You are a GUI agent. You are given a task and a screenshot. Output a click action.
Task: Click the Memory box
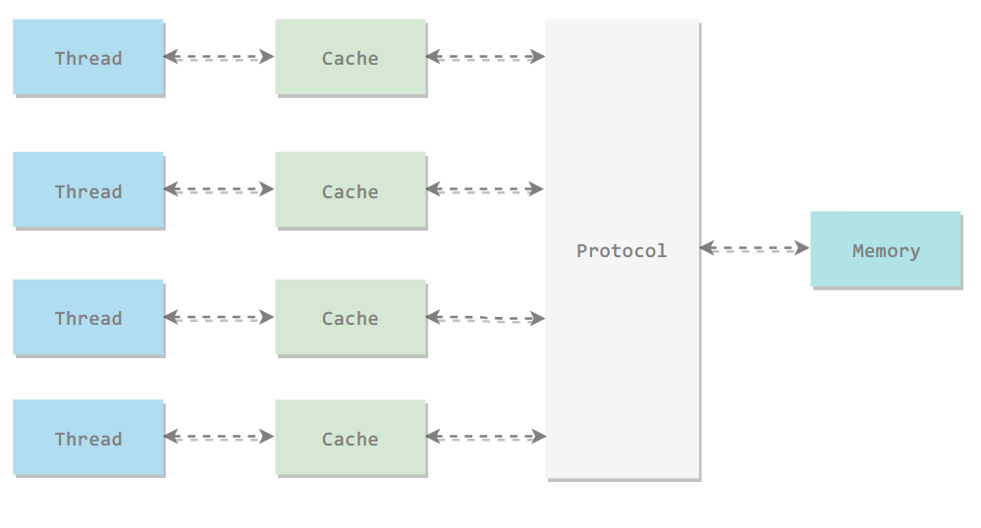click(886, 249)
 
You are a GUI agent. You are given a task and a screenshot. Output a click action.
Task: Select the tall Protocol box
click(623, 249)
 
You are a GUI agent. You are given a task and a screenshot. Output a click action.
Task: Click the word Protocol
click(622, 251)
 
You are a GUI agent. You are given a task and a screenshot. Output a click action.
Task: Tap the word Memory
click(886, 251)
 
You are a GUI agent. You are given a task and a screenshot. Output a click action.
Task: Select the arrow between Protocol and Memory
click(754, 248)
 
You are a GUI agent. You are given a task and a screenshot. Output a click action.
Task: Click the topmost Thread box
click(88, 58)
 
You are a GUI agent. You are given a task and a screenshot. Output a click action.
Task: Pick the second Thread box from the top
click(88, 190)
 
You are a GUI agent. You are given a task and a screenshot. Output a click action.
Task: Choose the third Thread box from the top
click(88, 318)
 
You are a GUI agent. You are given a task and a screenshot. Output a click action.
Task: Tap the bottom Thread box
click(88, 438)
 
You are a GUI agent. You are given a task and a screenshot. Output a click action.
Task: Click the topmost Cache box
click(351, 58)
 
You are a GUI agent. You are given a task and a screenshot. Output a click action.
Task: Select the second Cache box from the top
click(351, 190)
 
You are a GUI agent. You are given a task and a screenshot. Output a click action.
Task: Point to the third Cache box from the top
click(351, 318)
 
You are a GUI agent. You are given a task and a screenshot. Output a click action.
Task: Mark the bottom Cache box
click(351, 438)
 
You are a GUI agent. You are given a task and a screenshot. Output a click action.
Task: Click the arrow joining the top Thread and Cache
click(219, 57)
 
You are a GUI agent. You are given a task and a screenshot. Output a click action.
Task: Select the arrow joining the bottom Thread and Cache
click(219, 437)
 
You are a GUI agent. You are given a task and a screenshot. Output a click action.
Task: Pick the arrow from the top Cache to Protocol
click(485, 57)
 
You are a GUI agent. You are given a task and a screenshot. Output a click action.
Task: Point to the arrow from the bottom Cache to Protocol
click(485, 437)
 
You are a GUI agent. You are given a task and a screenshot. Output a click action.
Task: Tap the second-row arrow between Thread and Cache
click(219, 189)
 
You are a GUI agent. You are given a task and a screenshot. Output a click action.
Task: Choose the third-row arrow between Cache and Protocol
click(485, 318)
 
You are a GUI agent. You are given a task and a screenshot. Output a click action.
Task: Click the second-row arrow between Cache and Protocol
click(485, 189)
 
